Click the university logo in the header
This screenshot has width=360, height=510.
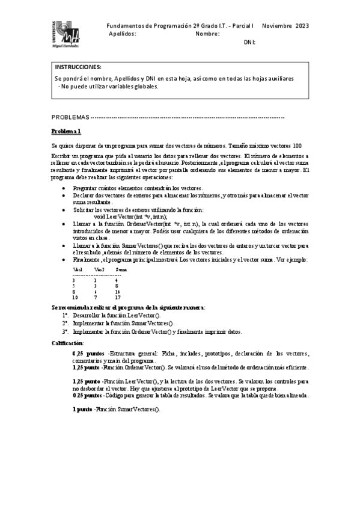(66, 34)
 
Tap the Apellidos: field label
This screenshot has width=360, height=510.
(123, 34)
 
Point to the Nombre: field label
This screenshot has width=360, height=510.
(208, 34)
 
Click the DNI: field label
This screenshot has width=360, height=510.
(249, 42)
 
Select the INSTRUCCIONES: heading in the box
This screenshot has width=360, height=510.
(78, 67)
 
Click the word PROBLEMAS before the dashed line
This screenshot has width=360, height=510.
(70, 117)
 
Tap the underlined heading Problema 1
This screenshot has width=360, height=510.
(66, 131)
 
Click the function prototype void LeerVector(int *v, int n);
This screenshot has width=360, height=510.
(130, 217)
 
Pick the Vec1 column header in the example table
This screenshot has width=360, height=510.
(77, 270)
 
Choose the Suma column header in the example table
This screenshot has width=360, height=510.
(122, 270)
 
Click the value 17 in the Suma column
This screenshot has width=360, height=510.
(118, 297)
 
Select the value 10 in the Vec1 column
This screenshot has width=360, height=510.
(75, 297)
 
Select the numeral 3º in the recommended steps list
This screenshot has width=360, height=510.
(65, 331)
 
